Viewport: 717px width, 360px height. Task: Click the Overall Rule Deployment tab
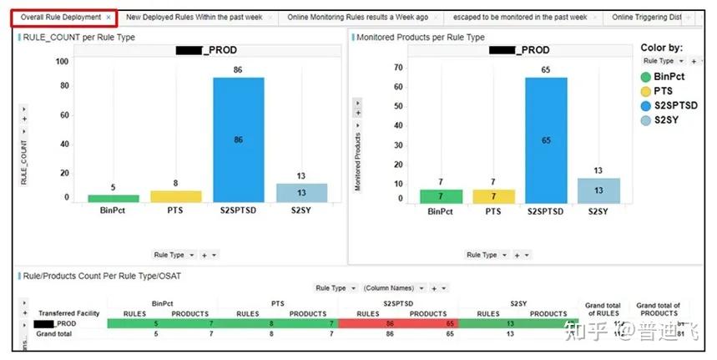pos(60,17)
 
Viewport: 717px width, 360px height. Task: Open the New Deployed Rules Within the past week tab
pos(194,17)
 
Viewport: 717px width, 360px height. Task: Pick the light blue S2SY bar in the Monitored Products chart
pos(598,190)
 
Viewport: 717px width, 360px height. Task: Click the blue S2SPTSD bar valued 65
pos(546,139)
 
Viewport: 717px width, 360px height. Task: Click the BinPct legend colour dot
pos(644,77)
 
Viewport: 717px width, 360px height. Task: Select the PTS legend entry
pos(664,91)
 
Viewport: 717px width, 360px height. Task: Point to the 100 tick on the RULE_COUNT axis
pos(62,61)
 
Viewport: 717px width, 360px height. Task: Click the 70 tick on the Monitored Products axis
pos(397,68)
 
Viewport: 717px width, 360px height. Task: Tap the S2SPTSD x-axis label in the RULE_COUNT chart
pos(238,211)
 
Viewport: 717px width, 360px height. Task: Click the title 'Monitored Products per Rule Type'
pos(420,38)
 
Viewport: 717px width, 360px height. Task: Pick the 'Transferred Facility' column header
pos(69,313)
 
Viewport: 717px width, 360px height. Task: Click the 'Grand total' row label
pos(54,332)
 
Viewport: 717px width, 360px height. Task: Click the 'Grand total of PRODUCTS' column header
pos(656,309)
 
